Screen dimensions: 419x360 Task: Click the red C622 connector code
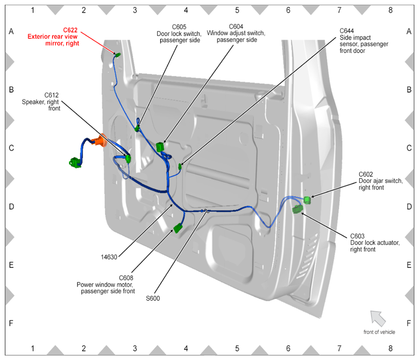coord(70,30)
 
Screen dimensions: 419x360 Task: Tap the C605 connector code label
coord(179,27)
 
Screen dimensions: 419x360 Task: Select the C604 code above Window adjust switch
coord(236,27)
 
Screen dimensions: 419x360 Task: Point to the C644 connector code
coord(347,31)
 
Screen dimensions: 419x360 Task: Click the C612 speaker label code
coord(51,95)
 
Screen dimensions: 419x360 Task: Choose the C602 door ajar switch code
coord(366,174)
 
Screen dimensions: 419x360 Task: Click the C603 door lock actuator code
coord(357,236)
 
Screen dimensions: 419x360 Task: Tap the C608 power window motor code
coord(126,278)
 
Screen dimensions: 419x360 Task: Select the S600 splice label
coord(153,299)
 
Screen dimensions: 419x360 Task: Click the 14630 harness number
coord(109,257)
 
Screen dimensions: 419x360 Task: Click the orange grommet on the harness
coord(100,141)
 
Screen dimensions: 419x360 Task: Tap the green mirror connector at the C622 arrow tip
coord(118,55)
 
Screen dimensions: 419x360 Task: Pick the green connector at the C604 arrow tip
coord(160,147)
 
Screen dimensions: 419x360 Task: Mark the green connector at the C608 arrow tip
coord(178,229)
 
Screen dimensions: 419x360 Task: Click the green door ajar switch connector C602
coord(308,200)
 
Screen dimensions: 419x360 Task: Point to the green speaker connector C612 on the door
coord(128,159)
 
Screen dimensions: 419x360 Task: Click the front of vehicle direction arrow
coord(378,318)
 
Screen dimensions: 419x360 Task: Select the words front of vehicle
coord(379,332)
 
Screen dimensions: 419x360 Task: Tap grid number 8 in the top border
coord(390,10)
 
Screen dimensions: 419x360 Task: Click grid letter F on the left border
coord(11,323)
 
